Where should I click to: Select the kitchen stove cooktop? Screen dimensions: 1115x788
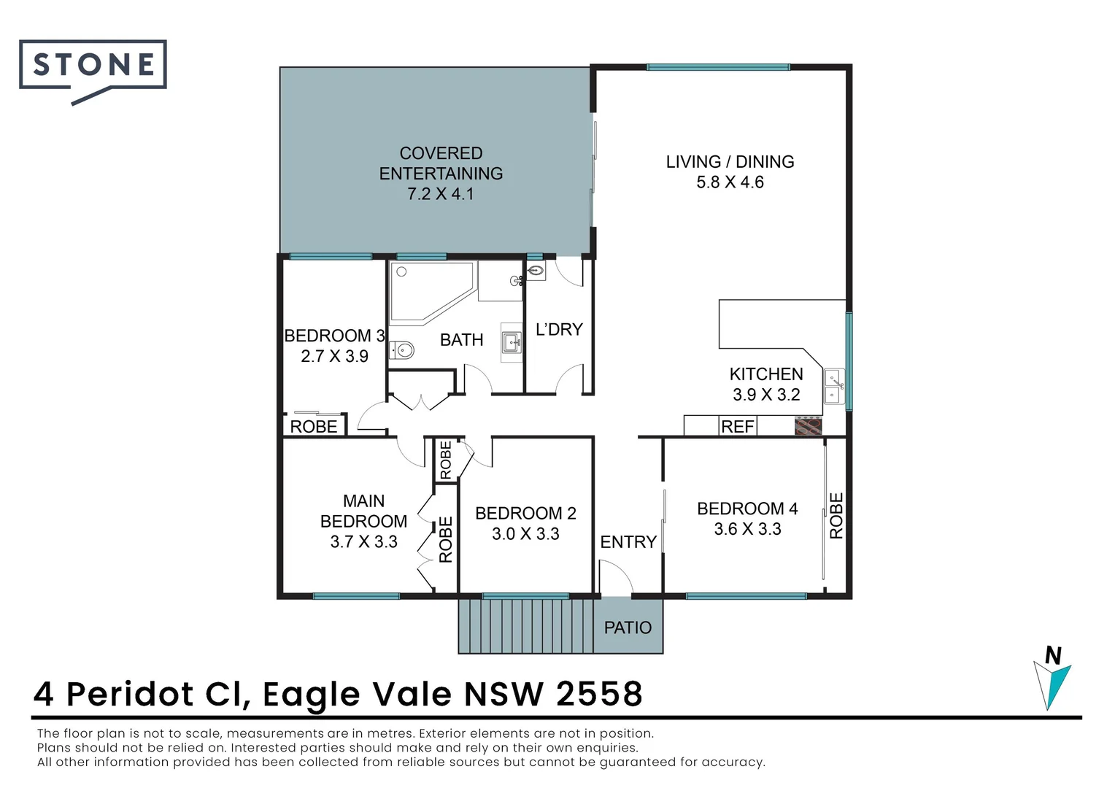tap(808, 426)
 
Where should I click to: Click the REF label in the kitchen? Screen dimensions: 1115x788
tap(737, 427)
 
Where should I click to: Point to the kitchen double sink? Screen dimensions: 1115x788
tap(834, 386)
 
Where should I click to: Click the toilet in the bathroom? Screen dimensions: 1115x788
tap(401, 350)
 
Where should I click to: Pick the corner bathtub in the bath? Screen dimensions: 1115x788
tap(432, 292)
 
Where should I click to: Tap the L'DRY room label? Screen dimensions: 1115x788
tap(559, 330)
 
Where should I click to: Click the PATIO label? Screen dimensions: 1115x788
tap(628, 627)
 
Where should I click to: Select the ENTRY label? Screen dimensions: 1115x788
tap(628, 541)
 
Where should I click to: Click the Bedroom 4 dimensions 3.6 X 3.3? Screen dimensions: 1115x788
tap(748, 529)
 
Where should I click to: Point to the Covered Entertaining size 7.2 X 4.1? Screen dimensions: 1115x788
tap(441, 193)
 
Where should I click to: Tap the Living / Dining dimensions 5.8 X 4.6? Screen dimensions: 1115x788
tap(730, 182)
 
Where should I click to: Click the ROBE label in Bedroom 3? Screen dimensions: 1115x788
tap(314, 427)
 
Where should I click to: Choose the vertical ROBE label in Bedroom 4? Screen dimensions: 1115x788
tap(837, 516)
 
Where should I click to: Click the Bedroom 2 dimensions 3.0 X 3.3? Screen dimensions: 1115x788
tap(525, 534)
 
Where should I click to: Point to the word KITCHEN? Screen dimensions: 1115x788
tap(766, 374)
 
